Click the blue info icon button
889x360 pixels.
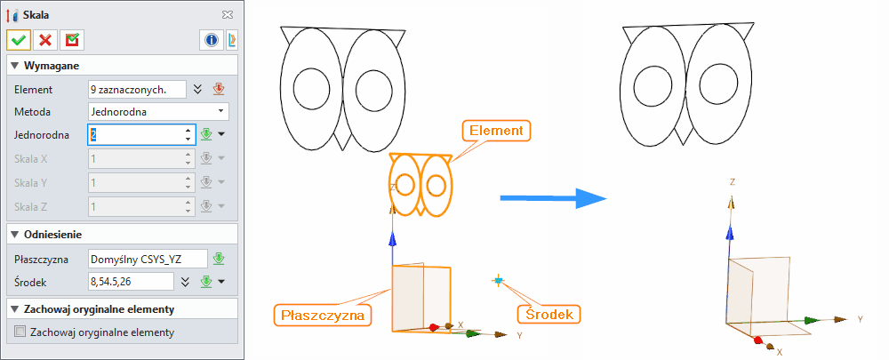[212, 40]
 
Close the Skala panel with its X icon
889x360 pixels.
[228, 15]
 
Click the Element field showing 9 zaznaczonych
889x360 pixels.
[137, 89]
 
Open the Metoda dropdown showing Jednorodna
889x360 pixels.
[158, 112]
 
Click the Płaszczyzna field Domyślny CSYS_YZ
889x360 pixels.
[147, 259]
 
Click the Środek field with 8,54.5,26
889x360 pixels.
[130, 282]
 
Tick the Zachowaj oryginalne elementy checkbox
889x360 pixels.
[20, 332]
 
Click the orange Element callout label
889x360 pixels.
[496, 131]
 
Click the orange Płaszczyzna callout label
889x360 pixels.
[322, 314]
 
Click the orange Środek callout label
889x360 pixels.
[549, 314]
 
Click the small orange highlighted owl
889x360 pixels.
[420, 184]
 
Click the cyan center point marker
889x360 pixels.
[498, 281]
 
